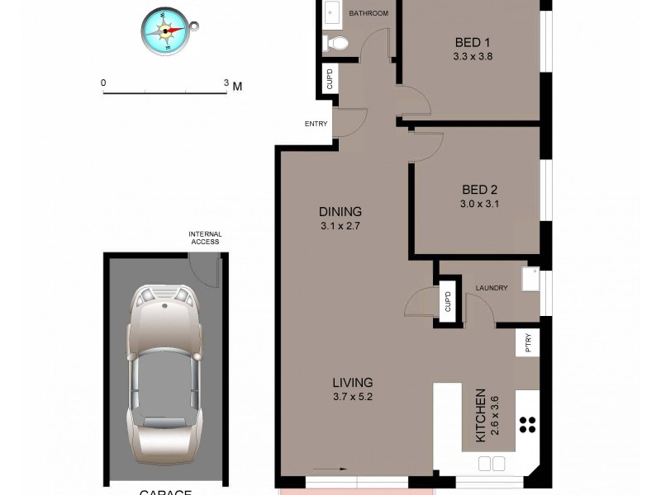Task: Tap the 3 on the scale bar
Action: click(x=226, y=83)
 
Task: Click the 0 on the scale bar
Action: click(x=103, y=83)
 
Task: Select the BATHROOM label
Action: click(x=368, y=13)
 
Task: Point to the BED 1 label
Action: click(x=473, y=43)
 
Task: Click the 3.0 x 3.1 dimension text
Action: click(x=480, y=204)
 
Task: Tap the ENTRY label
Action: click(x=316, y=125)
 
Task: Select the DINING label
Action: click(x=340, y=211)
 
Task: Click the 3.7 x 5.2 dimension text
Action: click(x=353, y=397)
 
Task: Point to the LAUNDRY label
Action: click(x=491, y=288)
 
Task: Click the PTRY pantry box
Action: click(x=527, y=343)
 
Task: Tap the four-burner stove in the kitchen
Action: click(x=528, y=425)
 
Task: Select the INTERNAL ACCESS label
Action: click(x=204, y=238)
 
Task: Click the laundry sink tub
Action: click(x=529, y=280)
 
